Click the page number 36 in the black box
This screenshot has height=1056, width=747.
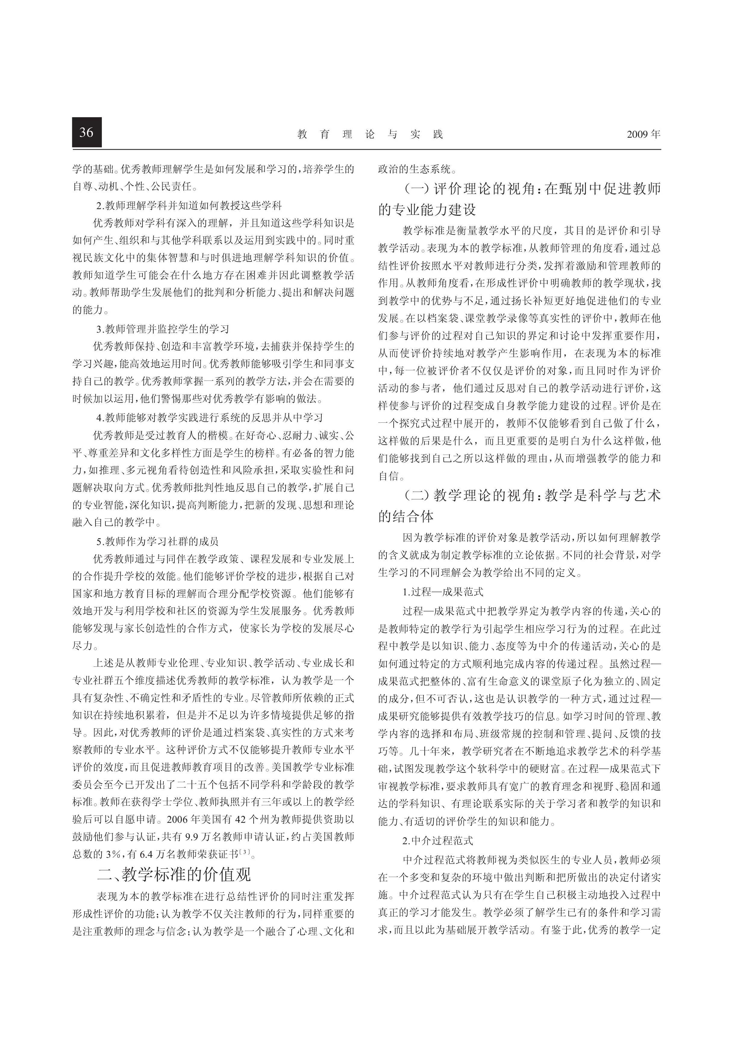point(86,133)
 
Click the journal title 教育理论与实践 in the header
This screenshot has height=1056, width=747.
point(370,134)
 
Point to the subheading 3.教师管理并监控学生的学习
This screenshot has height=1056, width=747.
point(162,329)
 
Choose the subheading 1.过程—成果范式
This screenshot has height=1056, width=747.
point(442,592)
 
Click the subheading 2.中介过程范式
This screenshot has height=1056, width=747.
point(437,841)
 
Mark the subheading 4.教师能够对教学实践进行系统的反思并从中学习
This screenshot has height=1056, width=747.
point(209,417)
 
